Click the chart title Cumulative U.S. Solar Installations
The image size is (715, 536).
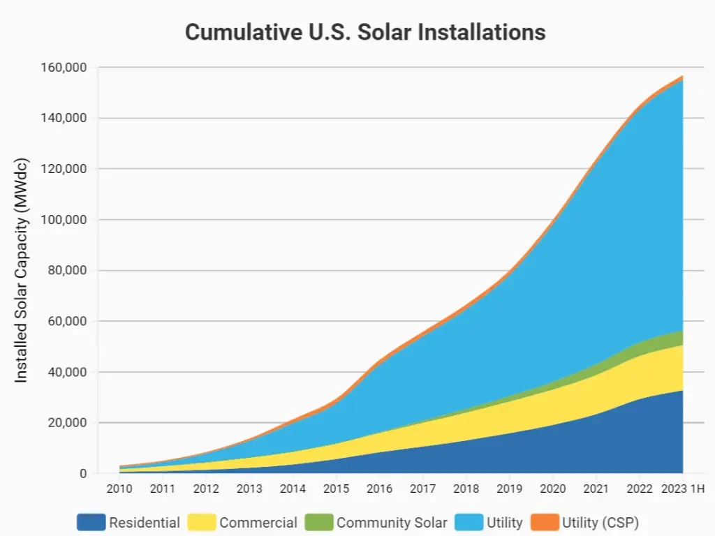tap(365, 32)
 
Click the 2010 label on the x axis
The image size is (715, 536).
tap(119, 489)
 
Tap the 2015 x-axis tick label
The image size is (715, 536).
tap(336, 489)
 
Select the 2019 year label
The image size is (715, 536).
tap(510, 489)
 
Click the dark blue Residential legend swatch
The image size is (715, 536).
tap(91, 522)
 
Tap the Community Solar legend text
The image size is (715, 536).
tap(392, 522)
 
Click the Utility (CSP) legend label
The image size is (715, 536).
tap(600, 522)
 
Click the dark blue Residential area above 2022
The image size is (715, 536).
tap(640, 440)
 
